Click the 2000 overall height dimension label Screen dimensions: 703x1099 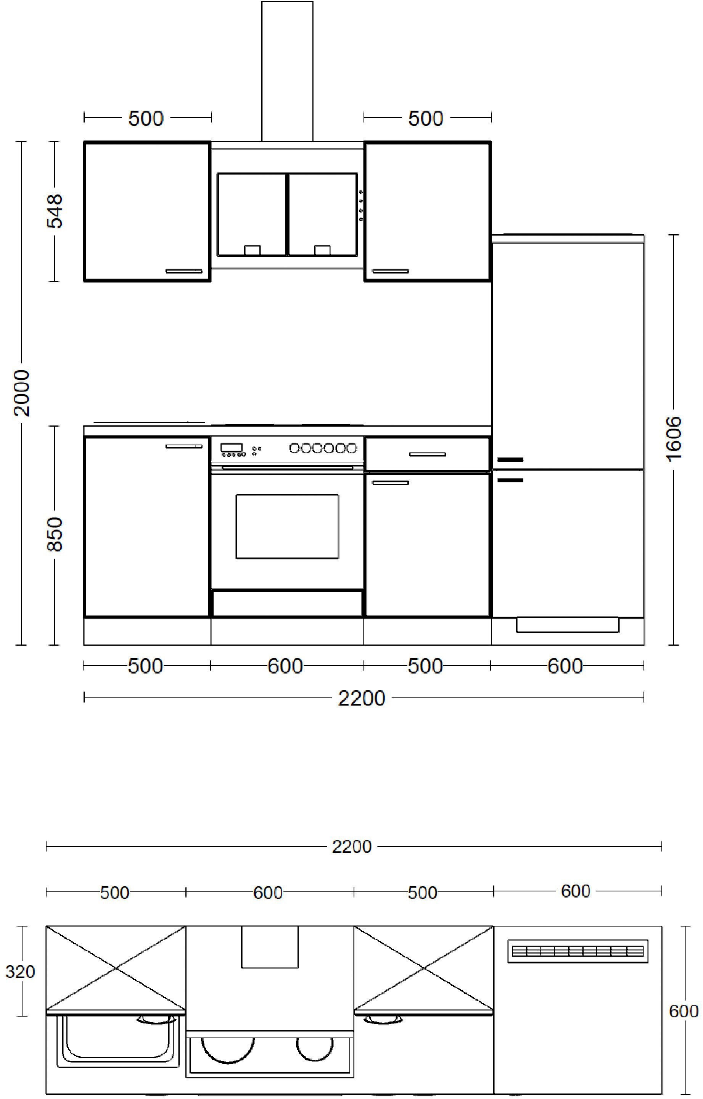[x=21, y=393]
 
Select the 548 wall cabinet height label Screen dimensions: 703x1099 [x=55, y=211]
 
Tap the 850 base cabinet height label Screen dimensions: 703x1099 [x=55, y=534]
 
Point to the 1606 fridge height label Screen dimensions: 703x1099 [x=673, y=438]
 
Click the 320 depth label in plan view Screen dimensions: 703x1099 [x=20, y=972]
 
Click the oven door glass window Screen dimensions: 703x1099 [x=287, y=526]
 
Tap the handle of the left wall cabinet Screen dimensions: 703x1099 [x=184, y=271]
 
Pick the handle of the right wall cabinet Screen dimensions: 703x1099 [x=390, y=271]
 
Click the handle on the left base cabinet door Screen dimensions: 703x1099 [x=184, y=446]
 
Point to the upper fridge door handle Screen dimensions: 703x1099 [x=510, y=460]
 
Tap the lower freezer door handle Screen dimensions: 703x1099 [x=510, y=480]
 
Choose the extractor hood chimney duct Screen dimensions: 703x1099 [x=288, y=71]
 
